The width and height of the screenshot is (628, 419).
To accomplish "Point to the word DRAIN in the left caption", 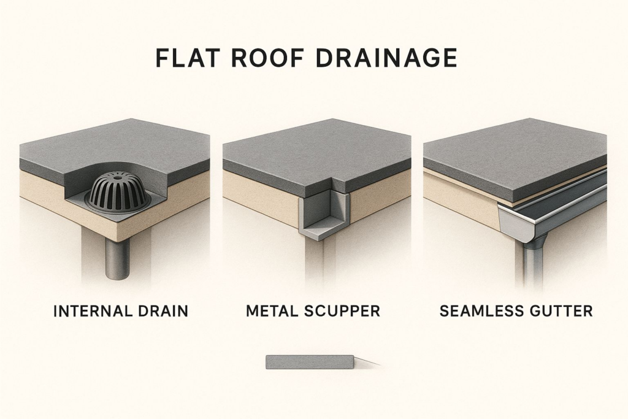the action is (x=163, y=311).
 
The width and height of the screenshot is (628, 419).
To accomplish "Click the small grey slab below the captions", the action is (x=310, y=362).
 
